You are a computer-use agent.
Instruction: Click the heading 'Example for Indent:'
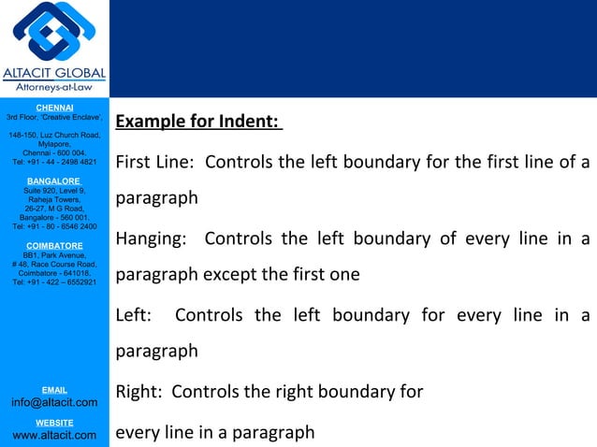(197, 123)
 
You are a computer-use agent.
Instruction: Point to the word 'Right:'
(138, 392)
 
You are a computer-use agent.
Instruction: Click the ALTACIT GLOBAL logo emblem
(54, 33)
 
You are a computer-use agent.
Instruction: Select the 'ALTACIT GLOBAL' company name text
(54, 74)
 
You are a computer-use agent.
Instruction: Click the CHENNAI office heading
(54, 108)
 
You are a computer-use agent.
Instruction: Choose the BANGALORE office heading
(54, 180)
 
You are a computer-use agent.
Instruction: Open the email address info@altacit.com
(54, 402)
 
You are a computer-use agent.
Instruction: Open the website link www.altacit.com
(54, 435)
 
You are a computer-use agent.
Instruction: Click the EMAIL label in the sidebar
(54, 389)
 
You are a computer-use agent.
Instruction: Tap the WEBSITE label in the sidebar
(54, 423)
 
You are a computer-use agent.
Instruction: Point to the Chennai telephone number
(54, 162)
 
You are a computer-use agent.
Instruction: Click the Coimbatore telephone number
(54, 282)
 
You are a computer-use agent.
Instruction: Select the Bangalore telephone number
(54, 226)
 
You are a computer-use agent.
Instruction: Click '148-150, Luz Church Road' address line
(54, 136)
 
